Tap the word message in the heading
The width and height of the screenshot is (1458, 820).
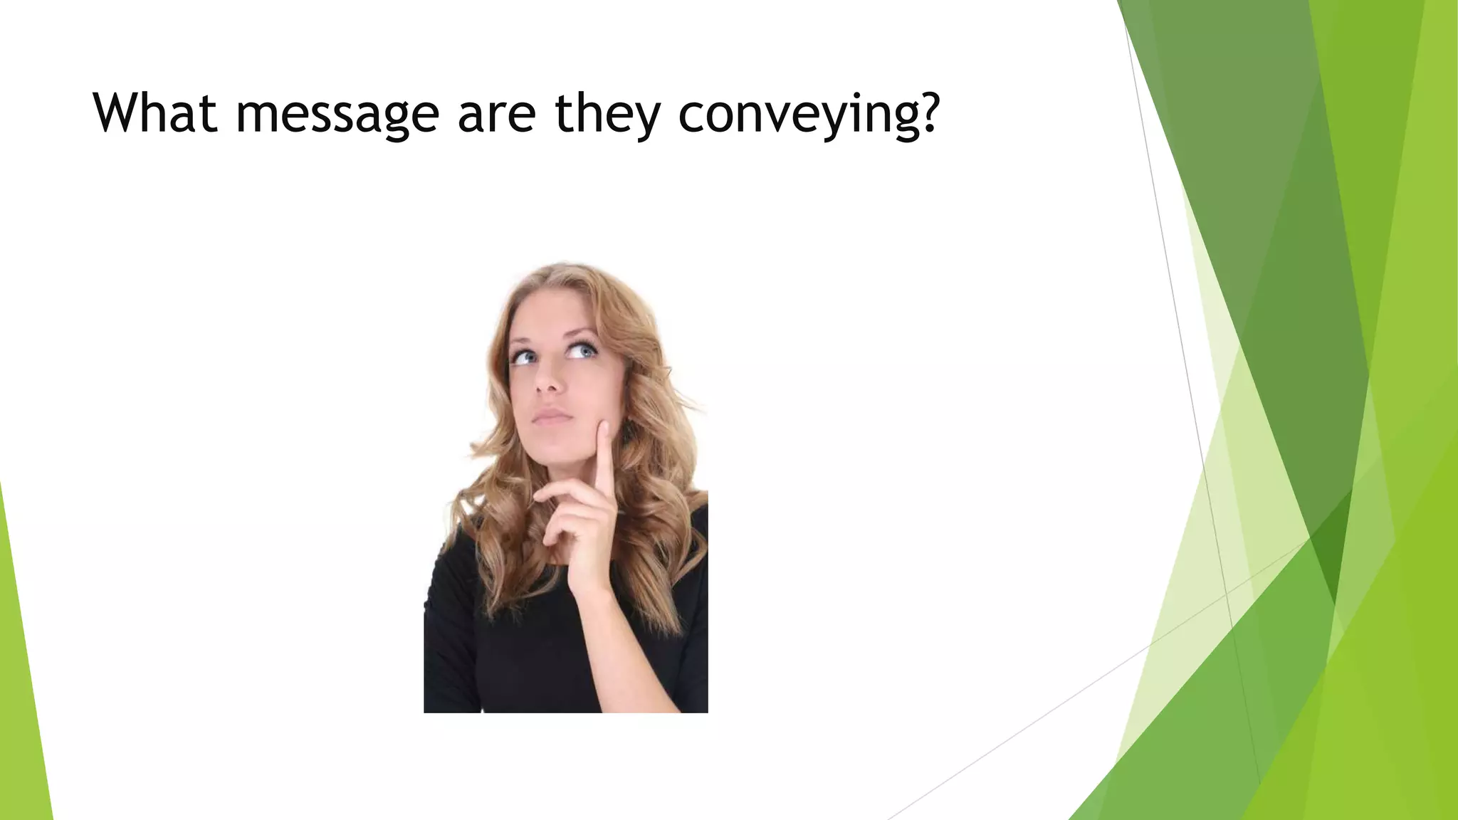[x=337, y=114]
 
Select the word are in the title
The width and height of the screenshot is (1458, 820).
[x=496, y=114]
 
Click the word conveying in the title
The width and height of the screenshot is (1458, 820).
[x=797, y=114]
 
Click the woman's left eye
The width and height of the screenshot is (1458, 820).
[x=583, y=351]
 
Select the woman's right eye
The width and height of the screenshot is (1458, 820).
[x=525, y=356]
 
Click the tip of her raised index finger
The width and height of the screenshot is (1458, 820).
[x=604, y=427]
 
